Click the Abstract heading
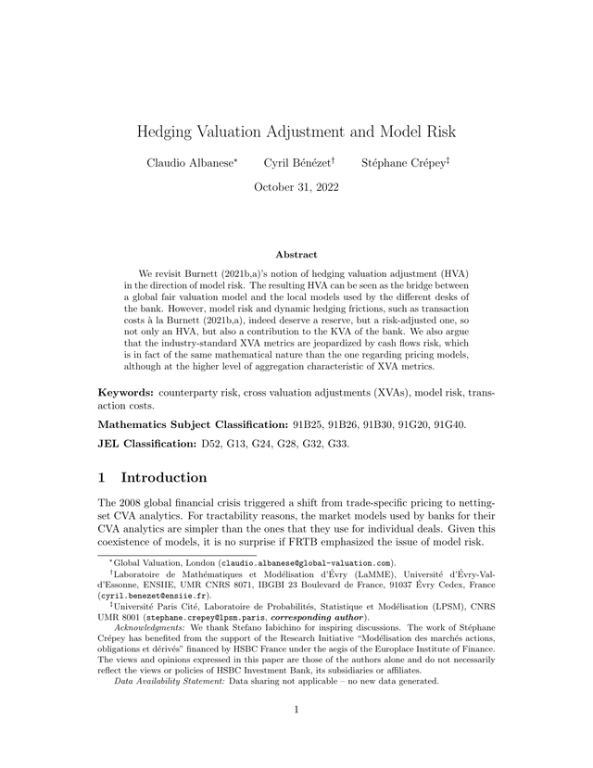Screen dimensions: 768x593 296,254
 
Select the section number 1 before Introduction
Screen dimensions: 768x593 104,478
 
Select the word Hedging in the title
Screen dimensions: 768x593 170,132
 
